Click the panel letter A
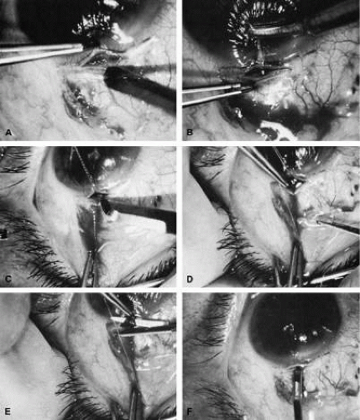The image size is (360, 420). click(8, 133)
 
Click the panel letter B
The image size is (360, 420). click(190, 132)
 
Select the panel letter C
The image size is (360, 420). click(8, 279)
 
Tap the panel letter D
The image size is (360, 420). click(190, 279)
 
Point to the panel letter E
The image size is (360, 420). click(8, 412)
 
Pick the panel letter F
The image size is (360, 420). click(190, 412)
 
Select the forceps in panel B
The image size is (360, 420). click(216, 94)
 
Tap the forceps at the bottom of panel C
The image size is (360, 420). click(87, 269)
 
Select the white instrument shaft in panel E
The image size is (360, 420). click(143, 325)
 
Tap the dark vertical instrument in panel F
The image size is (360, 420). click(298, 392)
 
